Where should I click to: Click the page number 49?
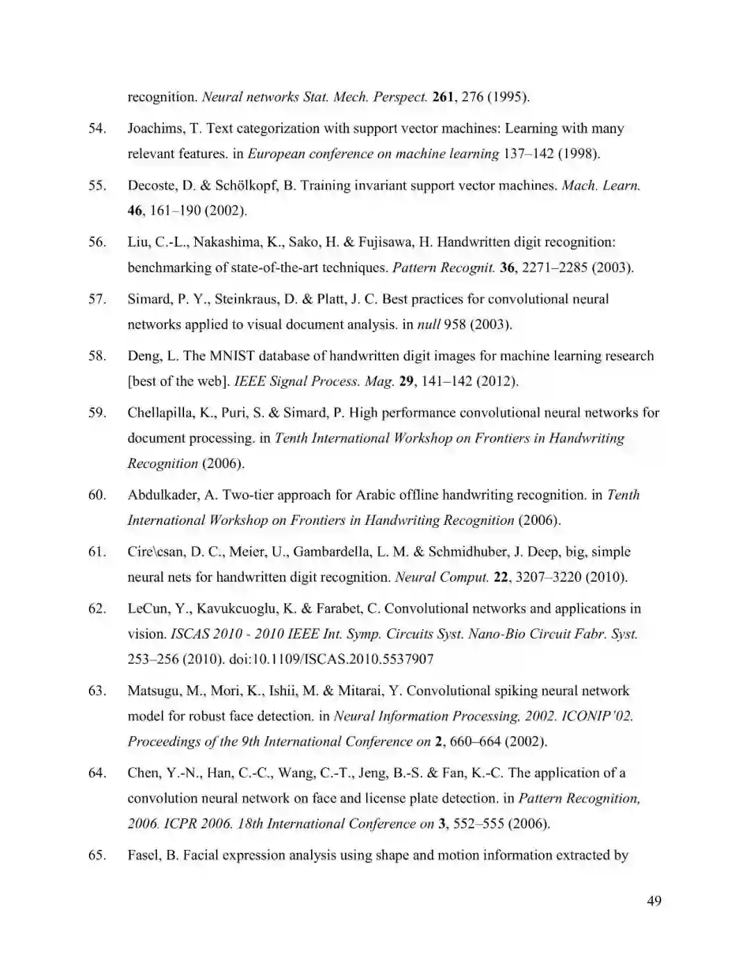click(x=653, y=901)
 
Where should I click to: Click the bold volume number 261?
click(x=442, y=97)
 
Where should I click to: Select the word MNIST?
click(x=232, y=356)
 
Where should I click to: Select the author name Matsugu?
click(x=155, y=691)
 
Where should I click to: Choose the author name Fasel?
click(x=143, y=855)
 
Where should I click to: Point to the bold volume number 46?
click(x=135, y=210)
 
